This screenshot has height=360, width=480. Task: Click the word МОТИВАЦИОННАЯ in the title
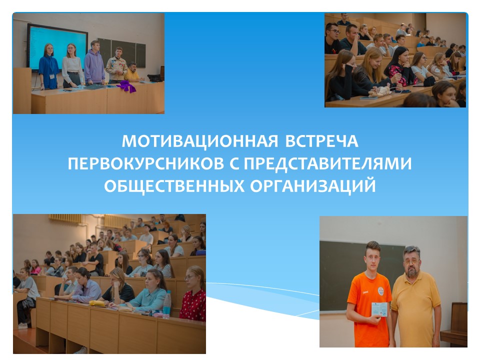pyautogui.click(x=200, y=141)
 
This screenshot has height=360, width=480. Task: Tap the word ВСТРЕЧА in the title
pyautogui.click(x=321, y=141)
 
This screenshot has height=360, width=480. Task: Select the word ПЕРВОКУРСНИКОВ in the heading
pyautogui.click(x=146, y=164)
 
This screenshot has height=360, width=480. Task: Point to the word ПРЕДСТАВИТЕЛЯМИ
pyautogui.click(x=327, y=164)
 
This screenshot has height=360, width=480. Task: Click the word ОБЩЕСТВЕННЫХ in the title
pyautogui.click(x=174, y=186)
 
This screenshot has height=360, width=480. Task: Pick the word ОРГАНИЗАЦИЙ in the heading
pyautogui.click(x=313, y=185)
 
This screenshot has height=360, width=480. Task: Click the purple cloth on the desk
pyautogui.click(x=126, y=86)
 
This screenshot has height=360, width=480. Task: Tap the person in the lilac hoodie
pyautogui.click(x=94, y=63)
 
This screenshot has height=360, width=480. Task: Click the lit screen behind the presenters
pyautogui.click(x=57, y=47)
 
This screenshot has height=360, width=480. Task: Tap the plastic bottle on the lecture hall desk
pyautogui.click(x=166, y=304)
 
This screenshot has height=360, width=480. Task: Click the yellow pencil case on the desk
pyautogui.click(x=97, y=303)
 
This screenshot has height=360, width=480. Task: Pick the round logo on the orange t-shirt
pyautogui.click(x=380, y=289)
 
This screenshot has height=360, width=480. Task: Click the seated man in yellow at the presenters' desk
pyautogui.click(x=132, y=72)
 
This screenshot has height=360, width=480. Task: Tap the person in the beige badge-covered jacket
pyautogui.click(x=116, y=65)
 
